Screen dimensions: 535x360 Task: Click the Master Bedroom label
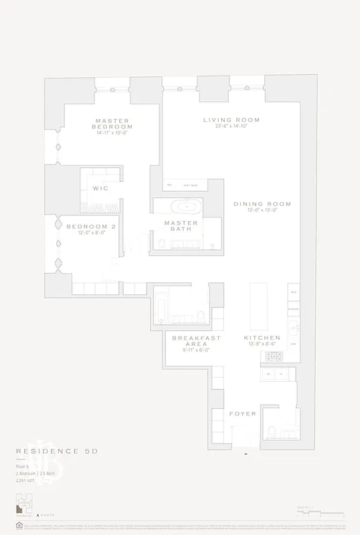click(112, 123)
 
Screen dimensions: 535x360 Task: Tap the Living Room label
click(232, 120)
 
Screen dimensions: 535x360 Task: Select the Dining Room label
click(262, 204)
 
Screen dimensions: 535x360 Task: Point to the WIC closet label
click(100, 189)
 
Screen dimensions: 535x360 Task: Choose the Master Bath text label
click(181, 226)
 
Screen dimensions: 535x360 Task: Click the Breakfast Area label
click(197, 341)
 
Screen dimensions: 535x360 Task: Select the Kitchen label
click(262, 338)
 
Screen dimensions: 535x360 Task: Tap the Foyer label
click(242, 414)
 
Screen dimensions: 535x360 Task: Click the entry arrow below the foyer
click(247, 453)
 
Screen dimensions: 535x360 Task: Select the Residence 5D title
click(57, 451)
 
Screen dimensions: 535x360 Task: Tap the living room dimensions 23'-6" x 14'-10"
click(232, 127)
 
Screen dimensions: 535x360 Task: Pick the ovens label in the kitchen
click(293, 309)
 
